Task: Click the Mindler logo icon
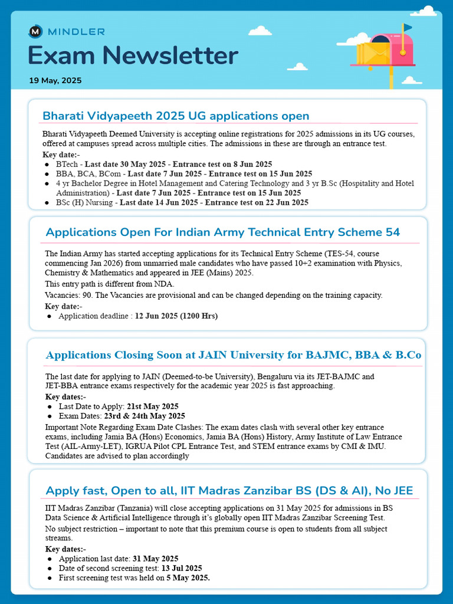point(35,32)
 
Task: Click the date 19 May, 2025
point(55,80)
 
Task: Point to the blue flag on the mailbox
point(408,27)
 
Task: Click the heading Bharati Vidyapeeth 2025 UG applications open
point(176,116)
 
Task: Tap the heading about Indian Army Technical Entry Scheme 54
point(222,232)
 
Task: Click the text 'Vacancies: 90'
point(70,295)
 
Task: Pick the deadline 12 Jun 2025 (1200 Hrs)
point(176,316)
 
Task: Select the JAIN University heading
point(234,355)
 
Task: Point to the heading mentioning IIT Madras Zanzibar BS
point(229,491)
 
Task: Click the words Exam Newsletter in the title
point(133,56)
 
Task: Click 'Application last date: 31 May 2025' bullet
point(118,559)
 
